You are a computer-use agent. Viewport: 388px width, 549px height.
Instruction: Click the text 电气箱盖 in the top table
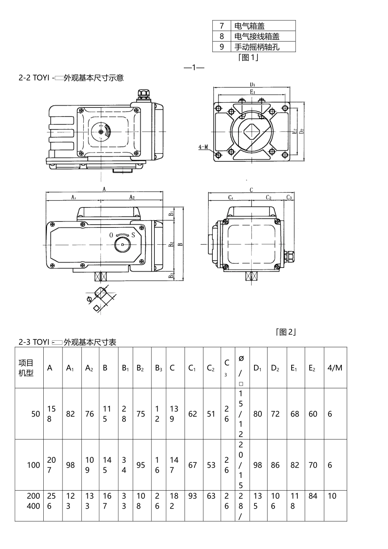[250, 26]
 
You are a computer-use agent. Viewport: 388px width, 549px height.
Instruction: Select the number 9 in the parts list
[222, 47]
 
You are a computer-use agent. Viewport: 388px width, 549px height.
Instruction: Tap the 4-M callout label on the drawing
[203, 147]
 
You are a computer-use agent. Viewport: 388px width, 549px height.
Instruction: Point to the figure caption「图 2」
[285, 332]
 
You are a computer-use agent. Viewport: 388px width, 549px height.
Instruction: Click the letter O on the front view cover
[111, 235]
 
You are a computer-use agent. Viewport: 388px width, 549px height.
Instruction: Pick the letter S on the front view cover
[133, 235]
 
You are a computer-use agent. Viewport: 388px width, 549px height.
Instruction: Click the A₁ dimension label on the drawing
[74, 197]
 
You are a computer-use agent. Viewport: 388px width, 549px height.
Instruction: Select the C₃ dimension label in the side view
[289, 197]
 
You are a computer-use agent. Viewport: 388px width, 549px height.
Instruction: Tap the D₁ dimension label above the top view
[253, 85]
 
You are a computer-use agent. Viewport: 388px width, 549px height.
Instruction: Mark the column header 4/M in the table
[335, 368]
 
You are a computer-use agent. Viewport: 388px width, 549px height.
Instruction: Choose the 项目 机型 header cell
[26, 368]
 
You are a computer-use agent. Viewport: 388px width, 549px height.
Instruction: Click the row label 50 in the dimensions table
[36, 414]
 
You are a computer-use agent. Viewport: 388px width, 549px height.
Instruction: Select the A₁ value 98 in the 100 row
[71, 465]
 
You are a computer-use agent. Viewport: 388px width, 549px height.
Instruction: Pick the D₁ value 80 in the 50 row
[257, 414]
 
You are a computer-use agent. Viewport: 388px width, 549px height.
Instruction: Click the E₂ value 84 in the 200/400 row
[313, 496]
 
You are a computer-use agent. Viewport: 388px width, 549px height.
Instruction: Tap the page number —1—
[194, 67]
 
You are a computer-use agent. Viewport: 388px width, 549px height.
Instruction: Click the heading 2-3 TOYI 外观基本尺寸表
[67, 342]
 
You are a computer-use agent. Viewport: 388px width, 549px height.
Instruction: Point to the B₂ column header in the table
[140, 368]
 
